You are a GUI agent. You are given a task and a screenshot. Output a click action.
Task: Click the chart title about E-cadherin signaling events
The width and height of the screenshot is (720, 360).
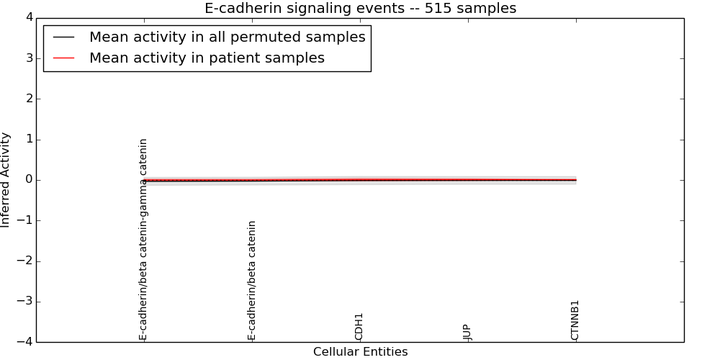point(360,9)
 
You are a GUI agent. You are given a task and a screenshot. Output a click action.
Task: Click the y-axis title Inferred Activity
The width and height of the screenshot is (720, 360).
point(6,180)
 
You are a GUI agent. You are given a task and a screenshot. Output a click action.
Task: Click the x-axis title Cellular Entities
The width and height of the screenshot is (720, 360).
point(360,352)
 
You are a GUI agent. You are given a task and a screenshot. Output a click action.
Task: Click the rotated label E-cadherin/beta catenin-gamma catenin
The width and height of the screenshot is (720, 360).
point(143,239)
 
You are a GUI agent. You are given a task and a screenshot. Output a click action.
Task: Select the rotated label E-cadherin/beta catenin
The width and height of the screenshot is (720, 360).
point(252,280)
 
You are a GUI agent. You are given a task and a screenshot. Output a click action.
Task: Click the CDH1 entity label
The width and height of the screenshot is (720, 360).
point(359,326)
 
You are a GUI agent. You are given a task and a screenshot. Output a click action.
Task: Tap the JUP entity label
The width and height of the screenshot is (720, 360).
point(467,332)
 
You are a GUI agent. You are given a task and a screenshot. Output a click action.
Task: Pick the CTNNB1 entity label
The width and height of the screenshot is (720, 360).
point(575,320)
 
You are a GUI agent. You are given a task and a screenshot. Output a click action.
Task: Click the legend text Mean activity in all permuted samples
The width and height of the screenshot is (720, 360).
point(227,37)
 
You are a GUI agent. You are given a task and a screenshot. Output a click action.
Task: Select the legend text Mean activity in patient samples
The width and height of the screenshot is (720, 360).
point(207,58)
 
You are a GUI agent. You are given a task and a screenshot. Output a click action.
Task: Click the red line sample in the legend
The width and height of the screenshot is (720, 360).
point(63,58)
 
